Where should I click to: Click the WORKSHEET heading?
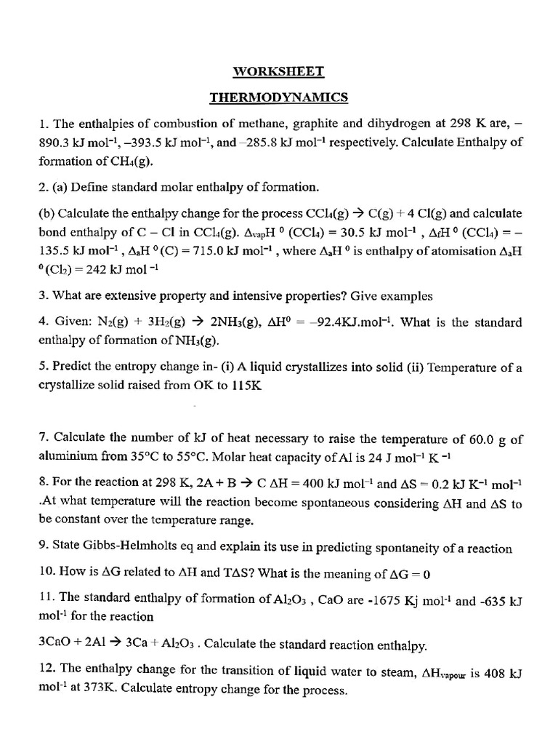(x=278, y=71)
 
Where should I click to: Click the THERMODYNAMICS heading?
(x=279, y=97)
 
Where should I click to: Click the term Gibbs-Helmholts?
(x=125, y=549)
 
